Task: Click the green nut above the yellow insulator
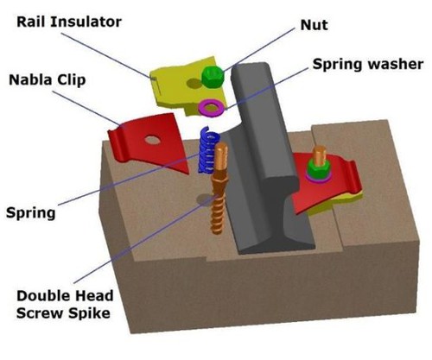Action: [213, 79]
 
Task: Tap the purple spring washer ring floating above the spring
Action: [209, 108]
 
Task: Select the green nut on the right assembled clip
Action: [318, 167]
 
